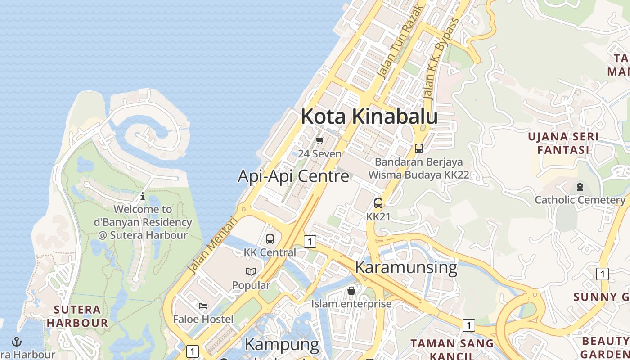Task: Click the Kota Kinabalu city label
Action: (369, 117)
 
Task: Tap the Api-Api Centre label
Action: (293, 176)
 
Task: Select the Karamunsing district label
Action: (406, 267)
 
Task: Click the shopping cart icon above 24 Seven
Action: (320, 141)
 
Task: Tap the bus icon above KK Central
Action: (270, 239)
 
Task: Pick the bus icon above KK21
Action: (378, 203)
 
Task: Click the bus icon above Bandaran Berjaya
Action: (419, 148)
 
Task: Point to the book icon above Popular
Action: (251, 271)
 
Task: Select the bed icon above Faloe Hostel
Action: (203, 306)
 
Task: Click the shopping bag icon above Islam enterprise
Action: (351, 291)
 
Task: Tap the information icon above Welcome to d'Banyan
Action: (143, 196)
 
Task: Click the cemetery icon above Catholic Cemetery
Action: (580, 186)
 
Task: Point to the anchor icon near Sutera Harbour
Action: (17, 342)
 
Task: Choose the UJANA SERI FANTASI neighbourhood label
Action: (563, 143)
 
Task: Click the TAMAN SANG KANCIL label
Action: (452, 349)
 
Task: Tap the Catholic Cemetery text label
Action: (580, 200)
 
